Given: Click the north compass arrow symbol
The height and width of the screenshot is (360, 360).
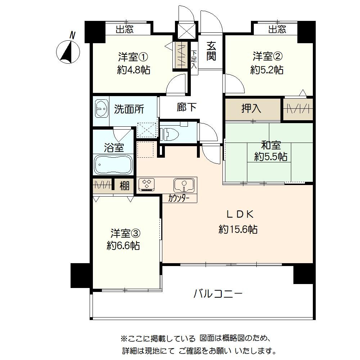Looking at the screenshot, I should (69, 51).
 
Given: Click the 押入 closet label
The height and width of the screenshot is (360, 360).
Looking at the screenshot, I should (251, 109).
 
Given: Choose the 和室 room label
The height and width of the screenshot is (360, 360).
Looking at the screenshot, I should (271, 146).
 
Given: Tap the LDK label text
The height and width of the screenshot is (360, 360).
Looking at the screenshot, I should (240, 215).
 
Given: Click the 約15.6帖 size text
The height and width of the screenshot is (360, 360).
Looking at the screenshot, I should (238, 229).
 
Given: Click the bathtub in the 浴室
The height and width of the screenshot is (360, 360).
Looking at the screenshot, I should (113, 165).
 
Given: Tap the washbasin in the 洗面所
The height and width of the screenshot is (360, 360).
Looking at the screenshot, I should (102, 108).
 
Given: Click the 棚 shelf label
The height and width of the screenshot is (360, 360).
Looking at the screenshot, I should (125, 186).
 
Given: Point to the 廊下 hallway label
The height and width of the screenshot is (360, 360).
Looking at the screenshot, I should (186, 107).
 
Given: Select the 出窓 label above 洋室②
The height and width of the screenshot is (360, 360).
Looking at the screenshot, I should (277, 30).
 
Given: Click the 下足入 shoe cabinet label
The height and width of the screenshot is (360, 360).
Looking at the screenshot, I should (194, 60).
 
